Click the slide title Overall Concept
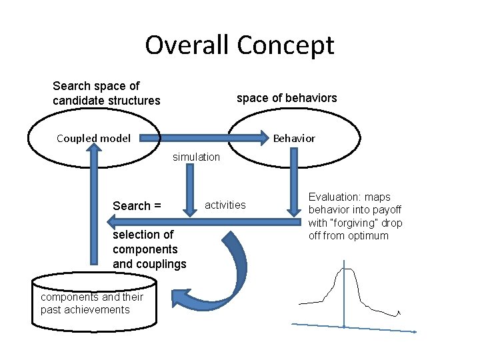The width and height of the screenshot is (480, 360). click(x=239, y=45)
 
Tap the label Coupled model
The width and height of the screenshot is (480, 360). click(x=93, y=139)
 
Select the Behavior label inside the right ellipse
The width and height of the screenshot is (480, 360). click(x=294, y=139)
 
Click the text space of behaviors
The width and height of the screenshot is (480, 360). click(x=287, y=98)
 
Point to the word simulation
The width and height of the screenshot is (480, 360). click(x=196, y=157)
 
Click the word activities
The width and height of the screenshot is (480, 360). click(x=225, y=205)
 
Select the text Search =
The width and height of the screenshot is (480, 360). click(x=137, y=206)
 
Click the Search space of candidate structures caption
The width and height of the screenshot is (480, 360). click(x=106, y=93)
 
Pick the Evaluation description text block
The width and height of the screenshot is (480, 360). click(x=355, y=216)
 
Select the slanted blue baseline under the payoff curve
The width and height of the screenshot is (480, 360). click(x=353, y=327)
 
